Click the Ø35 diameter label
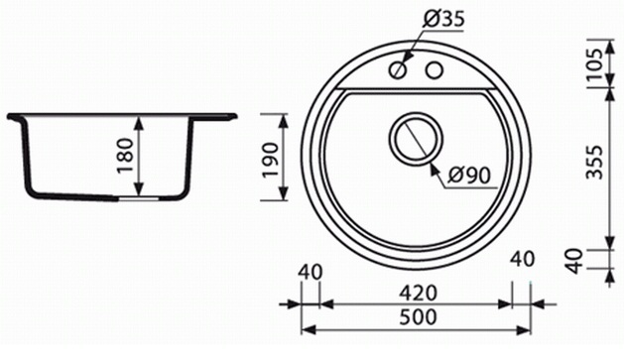pyautogui.click(x=444, y=18)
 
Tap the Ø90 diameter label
pyautogui.click(x=469, y=175)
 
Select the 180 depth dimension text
pyautogui.click(x=126, y=156)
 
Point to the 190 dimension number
pyautogui.click(x=270, y=160)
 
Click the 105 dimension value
pyautogui.click(x=596, y=64)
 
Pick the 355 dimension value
pyautogui.click(x=596, y=163)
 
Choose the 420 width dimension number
pyautogui.click(x=419, y=294)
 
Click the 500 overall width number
pyautogui.click(x=418, y=317)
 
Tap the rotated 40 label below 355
pyautogui.click(x=574, y=261)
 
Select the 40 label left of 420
pyautogui.click(x=310, y=273)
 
